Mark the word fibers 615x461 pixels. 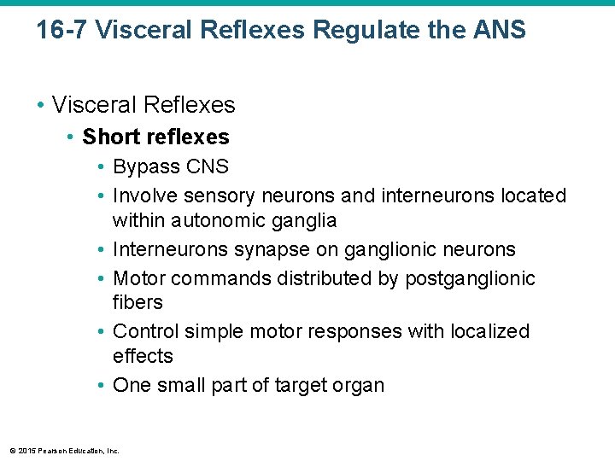[138, 302]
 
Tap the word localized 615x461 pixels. [489, 331]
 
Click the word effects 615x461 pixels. [143, 356]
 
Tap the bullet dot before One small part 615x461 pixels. [101, 386]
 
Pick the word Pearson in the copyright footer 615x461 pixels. [50, 451]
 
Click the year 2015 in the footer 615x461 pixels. [24, 451]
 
